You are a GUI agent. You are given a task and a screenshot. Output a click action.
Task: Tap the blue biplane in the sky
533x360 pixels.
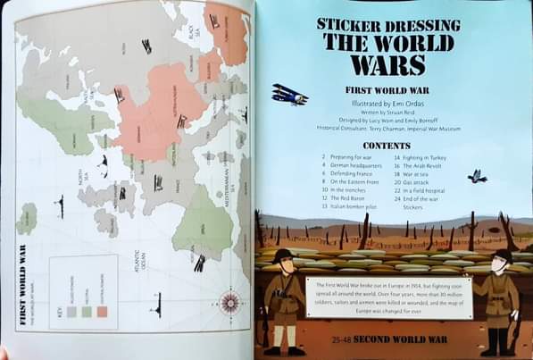pos(288,94)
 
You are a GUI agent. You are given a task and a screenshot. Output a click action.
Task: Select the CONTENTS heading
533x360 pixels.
pos(387,145)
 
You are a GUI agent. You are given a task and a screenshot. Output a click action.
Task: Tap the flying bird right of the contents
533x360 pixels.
pos(478,176)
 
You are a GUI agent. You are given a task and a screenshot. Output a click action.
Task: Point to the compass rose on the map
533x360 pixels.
pos(229,304)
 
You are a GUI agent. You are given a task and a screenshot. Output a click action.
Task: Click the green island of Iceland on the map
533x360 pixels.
pos(28,218)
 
